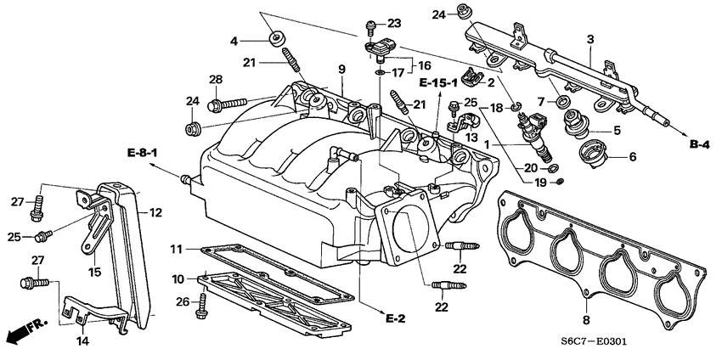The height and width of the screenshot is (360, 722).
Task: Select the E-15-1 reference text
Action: click(x=438, y=82)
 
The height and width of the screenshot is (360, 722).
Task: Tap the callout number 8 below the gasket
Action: click(x=585, y=321)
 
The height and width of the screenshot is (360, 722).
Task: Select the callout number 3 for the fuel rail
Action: click(x=590, y=39)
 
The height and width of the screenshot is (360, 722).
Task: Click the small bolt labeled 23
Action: click(x=371, y=24)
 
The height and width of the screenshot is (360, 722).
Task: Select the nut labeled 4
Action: click(x=277, y=39)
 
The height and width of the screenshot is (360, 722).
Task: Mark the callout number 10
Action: click(x=178, y=279)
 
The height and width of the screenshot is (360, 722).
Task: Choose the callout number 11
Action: click(x=176, y=249)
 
